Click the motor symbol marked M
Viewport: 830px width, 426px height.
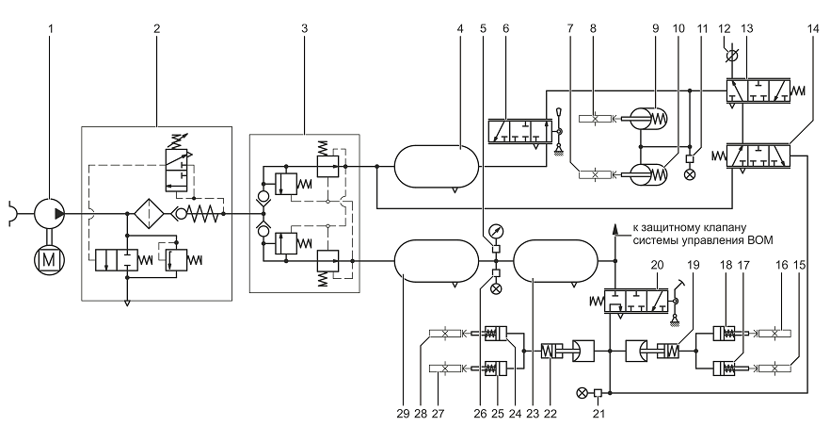49,259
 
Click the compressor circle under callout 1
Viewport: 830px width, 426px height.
49,214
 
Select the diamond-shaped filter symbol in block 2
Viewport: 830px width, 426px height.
149,214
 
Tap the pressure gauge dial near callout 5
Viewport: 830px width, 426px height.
497,232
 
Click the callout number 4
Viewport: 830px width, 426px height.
459,28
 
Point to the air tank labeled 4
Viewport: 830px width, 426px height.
437,166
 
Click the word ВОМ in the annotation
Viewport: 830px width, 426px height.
761,240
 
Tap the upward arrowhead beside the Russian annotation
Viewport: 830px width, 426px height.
615,228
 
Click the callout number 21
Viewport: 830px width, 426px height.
599,413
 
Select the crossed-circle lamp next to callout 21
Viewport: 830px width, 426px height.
582,393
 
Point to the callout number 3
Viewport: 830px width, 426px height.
304,28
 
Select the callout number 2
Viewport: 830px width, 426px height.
156,28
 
